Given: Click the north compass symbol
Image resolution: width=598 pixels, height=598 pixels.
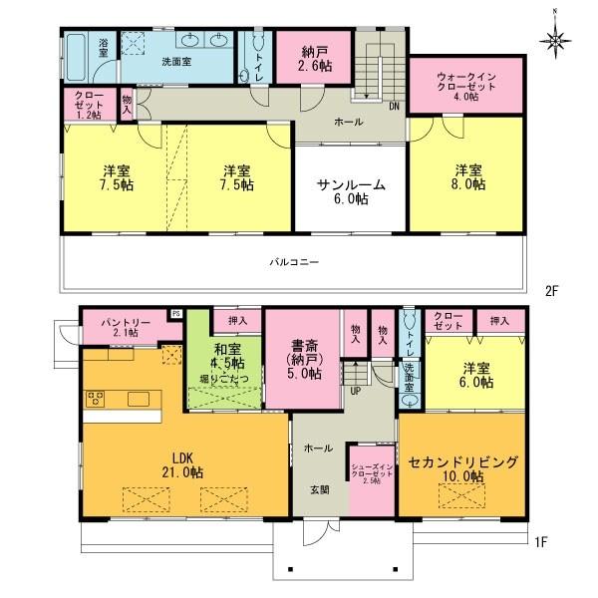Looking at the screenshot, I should coord(556,40).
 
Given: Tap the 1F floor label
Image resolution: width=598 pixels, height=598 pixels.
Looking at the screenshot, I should coord(539,543).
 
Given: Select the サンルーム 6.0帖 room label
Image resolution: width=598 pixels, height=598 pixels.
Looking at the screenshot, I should coord(349,191).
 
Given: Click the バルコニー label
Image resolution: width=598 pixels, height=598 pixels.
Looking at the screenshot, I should coord(293,261).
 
